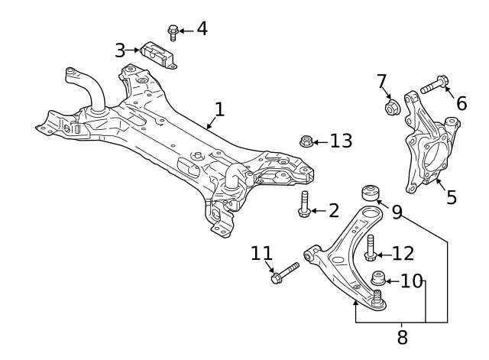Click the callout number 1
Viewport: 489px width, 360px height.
pos(220,109)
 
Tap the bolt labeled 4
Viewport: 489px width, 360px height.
pos(172,33)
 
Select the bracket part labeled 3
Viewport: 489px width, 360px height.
pos(158,54)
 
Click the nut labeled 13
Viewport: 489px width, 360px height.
pos(306,141)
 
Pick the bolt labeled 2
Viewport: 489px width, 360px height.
pos(304,204)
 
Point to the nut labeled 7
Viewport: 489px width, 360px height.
pos(392,107)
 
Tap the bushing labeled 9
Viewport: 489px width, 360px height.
pos(371,193)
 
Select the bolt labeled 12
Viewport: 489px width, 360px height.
pos(371,248)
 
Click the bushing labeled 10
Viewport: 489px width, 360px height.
pos(379,278)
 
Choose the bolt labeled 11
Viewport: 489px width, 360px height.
pos(285,273)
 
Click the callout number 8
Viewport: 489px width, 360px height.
pos(403,337)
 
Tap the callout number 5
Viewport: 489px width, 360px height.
pos(452,197)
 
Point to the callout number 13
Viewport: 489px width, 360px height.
pos(342,141)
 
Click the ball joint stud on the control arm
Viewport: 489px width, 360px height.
pos(378,297)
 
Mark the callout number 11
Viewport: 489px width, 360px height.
pos(261,253)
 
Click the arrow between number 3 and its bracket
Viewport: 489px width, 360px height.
pos(133,50)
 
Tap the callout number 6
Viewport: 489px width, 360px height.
pos(461,103)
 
